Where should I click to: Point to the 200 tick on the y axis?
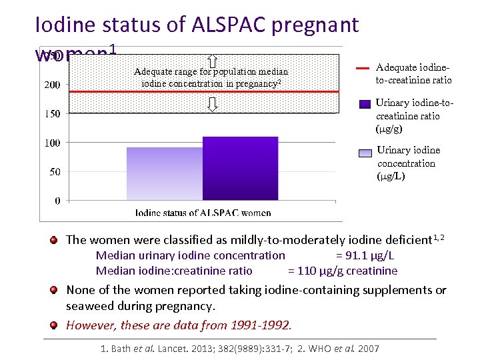coord(52,85)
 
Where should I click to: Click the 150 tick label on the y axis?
coord(52,114)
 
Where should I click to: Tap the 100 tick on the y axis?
coord(52,143)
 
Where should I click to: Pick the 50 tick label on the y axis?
coord(54,172)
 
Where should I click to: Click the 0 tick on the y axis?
coord(57,201)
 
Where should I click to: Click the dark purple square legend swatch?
coord(365,104)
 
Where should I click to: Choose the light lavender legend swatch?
coord(365,153)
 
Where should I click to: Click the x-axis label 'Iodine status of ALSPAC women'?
coord(203,213)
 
